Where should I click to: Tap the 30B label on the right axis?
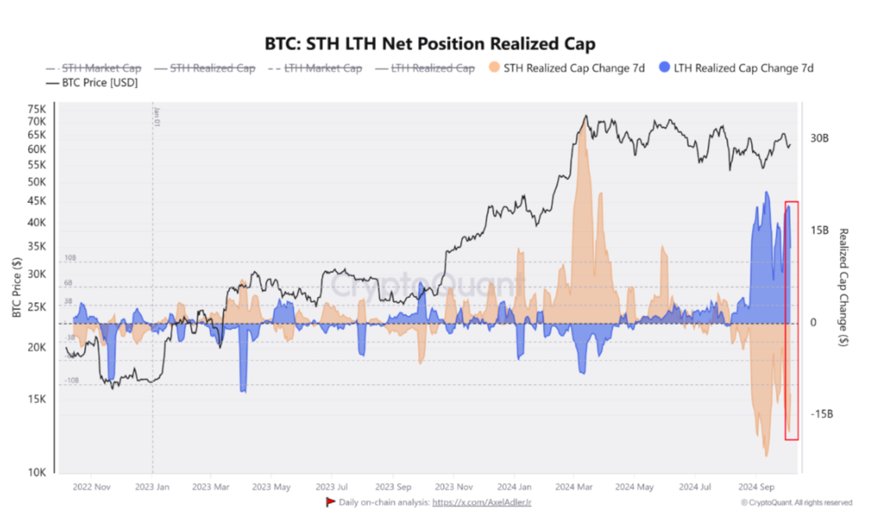819,138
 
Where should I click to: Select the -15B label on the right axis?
821,414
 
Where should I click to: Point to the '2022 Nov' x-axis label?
91,487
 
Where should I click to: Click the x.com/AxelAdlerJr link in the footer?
482,502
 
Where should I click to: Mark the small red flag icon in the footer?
330,502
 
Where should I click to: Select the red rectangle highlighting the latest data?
792,320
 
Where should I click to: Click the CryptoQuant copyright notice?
796,503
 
